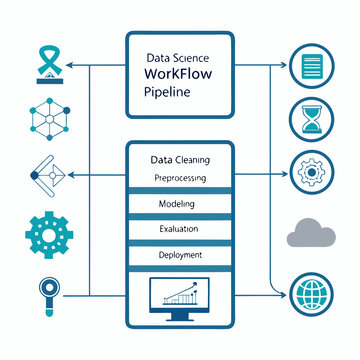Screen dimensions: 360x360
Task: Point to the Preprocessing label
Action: coord(180,178)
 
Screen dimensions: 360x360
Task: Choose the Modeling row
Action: coord(178,204)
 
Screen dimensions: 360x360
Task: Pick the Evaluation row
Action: coord(178,229)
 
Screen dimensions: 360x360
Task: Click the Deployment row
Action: coord(178,255)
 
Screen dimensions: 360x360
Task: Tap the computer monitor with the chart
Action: coord(179,298)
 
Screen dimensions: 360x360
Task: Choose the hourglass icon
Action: coord(310,118)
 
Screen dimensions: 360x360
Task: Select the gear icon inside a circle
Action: coord(310,171)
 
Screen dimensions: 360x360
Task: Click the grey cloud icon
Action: coord(310,233)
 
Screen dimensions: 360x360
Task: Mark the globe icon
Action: coord(310,295)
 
